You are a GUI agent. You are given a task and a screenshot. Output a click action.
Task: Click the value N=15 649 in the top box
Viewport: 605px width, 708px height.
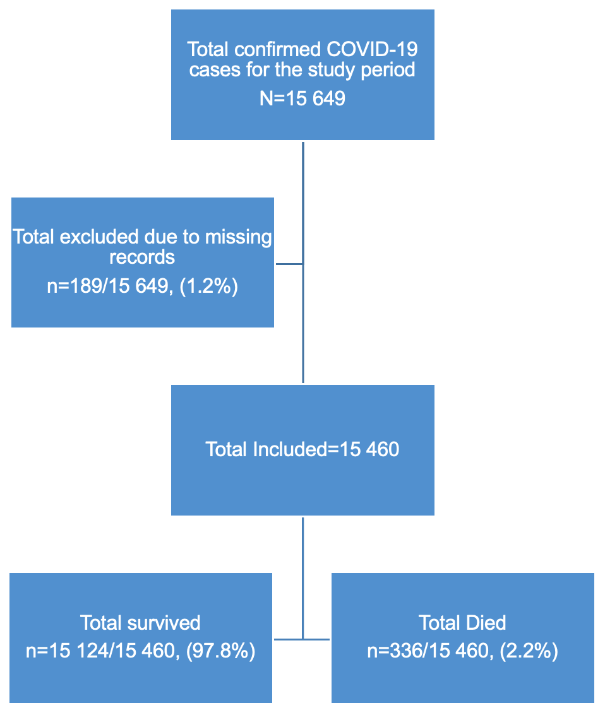[x=302, y=99]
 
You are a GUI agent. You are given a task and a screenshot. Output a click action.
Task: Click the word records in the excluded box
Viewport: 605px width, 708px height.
[x=142, y=257]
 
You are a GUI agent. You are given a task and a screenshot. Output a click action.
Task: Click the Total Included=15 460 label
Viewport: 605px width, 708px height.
[x=302, y=449]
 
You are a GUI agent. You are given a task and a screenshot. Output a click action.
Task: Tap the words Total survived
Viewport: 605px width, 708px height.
[x=140, y=623]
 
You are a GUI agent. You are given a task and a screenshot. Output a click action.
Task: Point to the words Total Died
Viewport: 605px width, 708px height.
[x=462, y=623]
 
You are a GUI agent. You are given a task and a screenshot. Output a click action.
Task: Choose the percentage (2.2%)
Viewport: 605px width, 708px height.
[x=529, y=651]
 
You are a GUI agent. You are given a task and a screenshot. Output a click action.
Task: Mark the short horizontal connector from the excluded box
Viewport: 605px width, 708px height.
[x=289, y=264]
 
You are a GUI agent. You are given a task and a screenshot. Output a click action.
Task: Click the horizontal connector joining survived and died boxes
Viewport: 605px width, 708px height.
[x=302, y=639]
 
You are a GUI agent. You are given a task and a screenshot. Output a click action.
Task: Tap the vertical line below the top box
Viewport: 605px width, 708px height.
[x=303, y=202]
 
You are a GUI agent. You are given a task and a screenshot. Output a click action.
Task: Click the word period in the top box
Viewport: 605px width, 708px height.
[x=388, y=69]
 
